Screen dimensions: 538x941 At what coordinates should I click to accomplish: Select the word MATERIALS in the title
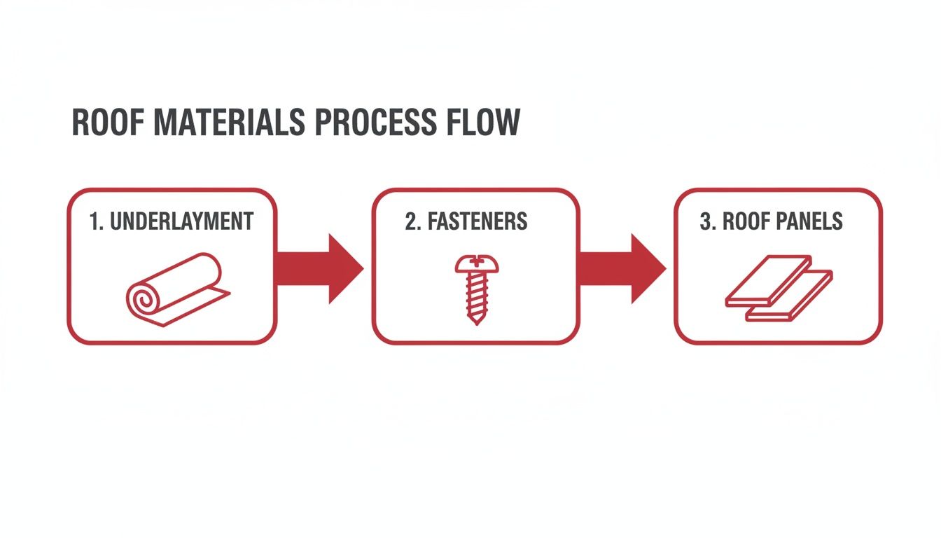[x=229, y=123]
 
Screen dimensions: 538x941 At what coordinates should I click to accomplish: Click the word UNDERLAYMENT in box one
[x=183, y=222]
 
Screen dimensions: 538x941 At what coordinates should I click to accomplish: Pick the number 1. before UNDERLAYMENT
[x=96, y=222]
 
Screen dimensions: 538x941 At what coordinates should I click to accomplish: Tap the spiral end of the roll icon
[x=142, y=301]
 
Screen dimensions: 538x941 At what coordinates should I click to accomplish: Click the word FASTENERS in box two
[x=477, y=222]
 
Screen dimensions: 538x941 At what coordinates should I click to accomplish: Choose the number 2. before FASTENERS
[x=412, y=222]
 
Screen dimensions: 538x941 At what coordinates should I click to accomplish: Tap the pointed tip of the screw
[x=475, y=320]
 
